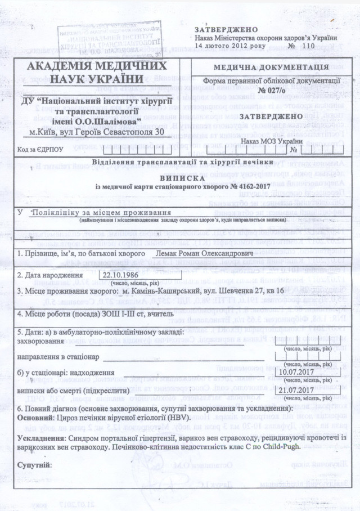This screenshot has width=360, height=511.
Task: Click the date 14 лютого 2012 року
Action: click(224, 44)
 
